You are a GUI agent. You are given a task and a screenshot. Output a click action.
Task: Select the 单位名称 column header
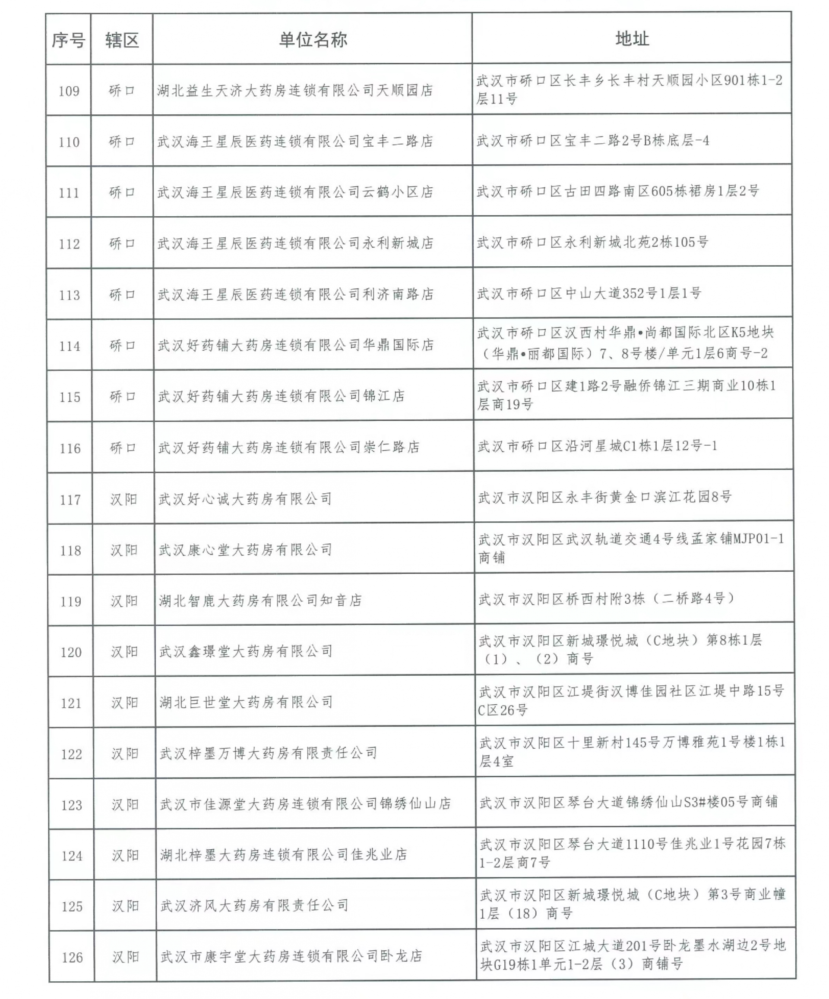(313, 39)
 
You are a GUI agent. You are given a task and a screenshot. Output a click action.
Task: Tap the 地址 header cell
(632, 38)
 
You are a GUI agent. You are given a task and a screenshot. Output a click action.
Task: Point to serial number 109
(69, 91)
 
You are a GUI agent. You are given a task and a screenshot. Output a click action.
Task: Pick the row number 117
(70, 500)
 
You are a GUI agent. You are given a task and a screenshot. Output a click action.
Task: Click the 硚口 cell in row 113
(122, 294)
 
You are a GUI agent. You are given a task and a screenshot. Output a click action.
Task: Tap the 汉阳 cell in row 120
(124, 651)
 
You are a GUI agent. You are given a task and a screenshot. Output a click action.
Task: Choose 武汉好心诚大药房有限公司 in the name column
(245, 498)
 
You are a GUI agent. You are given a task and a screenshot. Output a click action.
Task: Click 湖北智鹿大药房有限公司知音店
(260, 600)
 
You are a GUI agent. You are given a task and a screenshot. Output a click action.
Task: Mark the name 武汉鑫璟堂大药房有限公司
(246, 651)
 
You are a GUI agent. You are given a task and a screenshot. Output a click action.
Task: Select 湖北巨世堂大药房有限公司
(246, 702)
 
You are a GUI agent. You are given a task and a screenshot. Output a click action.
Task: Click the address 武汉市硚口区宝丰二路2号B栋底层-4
(592, 140)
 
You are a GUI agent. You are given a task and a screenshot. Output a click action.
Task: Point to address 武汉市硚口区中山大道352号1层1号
(589, 293)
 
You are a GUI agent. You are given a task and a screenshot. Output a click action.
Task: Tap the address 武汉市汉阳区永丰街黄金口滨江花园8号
(604, 497)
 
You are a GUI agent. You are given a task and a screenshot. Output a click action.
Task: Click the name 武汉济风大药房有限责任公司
(254, 905)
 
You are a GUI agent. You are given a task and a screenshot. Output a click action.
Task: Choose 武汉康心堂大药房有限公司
(246, 549)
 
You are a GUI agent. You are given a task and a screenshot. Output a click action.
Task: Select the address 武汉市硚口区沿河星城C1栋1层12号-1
(597, 446)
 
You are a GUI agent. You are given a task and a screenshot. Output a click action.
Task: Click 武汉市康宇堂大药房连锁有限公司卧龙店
(291, 956)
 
